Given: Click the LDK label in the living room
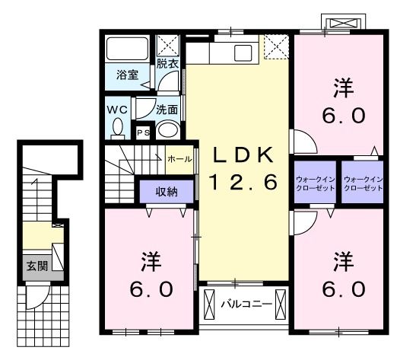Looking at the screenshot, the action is [243, 155].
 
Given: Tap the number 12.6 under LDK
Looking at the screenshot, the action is [243, 182].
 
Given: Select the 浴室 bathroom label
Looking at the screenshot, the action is [127, 75].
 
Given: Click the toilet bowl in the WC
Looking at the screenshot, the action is [118, 127].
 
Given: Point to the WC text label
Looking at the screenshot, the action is [117, 110].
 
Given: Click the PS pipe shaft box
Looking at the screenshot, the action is [143, 132].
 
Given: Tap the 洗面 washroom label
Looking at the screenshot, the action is [167, 110].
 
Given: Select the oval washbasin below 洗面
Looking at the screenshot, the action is [167, 130].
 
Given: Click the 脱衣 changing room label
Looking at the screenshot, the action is [167, 64].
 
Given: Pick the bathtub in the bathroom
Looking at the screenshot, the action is [127, 49].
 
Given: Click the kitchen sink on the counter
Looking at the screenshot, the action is [243, 53].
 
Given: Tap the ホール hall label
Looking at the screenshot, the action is [179, 159].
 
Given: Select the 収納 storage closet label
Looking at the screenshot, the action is [167, 191].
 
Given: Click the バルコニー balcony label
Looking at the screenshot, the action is [246, 304].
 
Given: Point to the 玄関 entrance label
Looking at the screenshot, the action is [37, 266].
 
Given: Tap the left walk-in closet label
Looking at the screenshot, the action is [315, 183].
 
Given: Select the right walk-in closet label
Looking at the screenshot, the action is [363, 183].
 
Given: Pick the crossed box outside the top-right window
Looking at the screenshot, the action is [343, 23].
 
